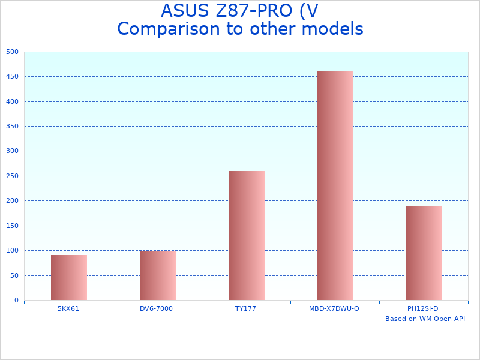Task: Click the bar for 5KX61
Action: point(68,277)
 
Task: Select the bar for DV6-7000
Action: point(157,275)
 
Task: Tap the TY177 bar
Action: point(246,235)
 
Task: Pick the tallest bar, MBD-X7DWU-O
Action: point(335,185)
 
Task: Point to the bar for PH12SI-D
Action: point(424,253)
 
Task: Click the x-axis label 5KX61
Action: point(68,308)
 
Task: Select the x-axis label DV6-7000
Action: point(156,308)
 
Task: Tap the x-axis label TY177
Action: point(246,308)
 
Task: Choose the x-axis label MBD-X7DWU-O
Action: point(334,308)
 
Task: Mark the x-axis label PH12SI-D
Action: point(423,308)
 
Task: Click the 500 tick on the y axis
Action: point(13,52)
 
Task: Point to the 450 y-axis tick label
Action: point(13,77)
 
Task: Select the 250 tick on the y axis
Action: point(13,176)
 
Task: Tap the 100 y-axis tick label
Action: point(13,251)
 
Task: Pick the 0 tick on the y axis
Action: point(16,301)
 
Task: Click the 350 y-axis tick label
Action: point(13,127)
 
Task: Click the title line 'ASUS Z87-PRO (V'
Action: point(239,11)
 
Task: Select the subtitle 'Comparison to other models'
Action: point(240,29)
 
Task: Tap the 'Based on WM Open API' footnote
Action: point(425,319)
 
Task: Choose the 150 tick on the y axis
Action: point(13,226)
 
